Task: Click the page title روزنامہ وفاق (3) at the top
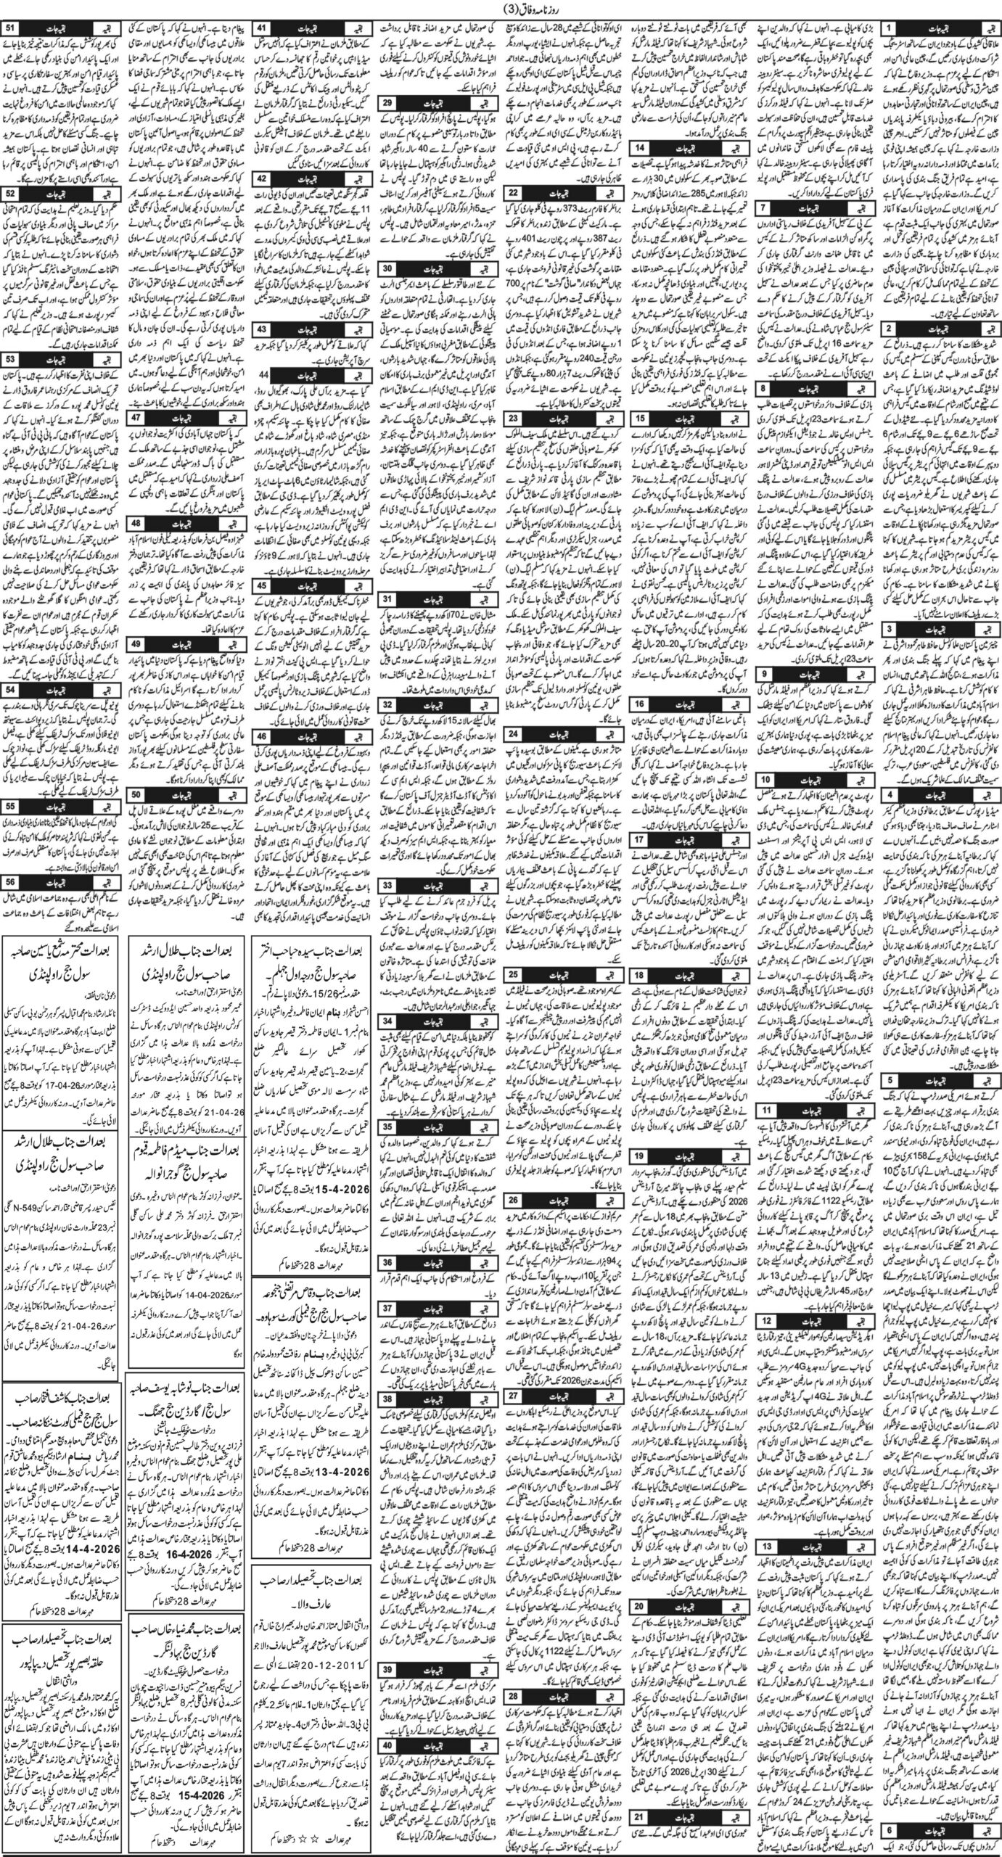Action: pos(500,9)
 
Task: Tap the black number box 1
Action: pos(890,28)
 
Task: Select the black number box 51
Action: pos(12,28)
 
